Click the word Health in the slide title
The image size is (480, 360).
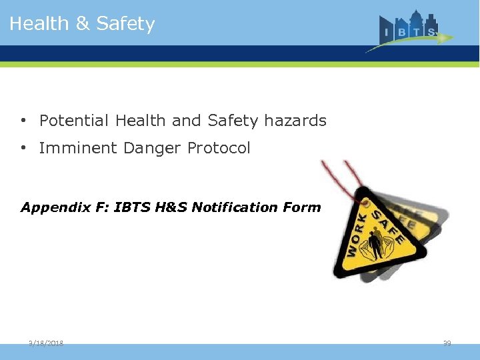tap(39, 24)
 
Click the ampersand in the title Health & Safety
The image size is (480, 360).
tap(83, 24)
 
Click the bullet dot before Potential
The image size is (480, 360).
tap(23, 121)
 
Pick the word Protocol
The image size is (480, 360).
tap(219, 148)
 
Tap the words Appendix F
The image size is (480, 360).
tap(64, 207)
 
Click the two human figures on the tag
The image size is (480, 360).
tap(375, 244)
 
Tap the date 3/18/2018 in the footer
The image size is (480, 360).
tap(46, 343)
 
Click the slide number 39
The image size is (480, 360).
tap(447, 343)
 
